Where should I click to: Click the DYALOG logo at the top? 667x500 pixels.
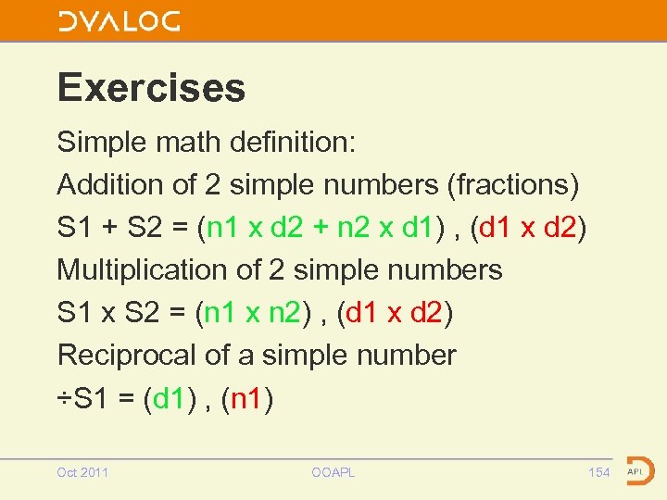coord(119,22)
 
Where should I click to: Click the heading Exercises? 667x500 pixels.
coord(151,88)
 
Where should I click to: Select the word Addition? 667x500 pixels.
coord(110,185)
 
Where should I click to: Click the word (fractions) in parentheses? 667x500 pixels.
coord(513,185)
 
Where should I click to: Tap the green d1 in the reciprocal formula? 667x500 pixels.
coord(170,399)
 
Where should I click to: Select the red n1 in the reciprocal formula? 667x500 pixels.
coord(245,399)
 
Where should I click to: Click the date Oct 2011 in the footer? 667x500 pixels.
coord(82,472)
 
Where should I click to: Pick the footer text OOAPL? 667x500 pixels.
coord(333,472)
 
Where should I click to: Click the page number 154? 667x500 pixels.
coord(599,472)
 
